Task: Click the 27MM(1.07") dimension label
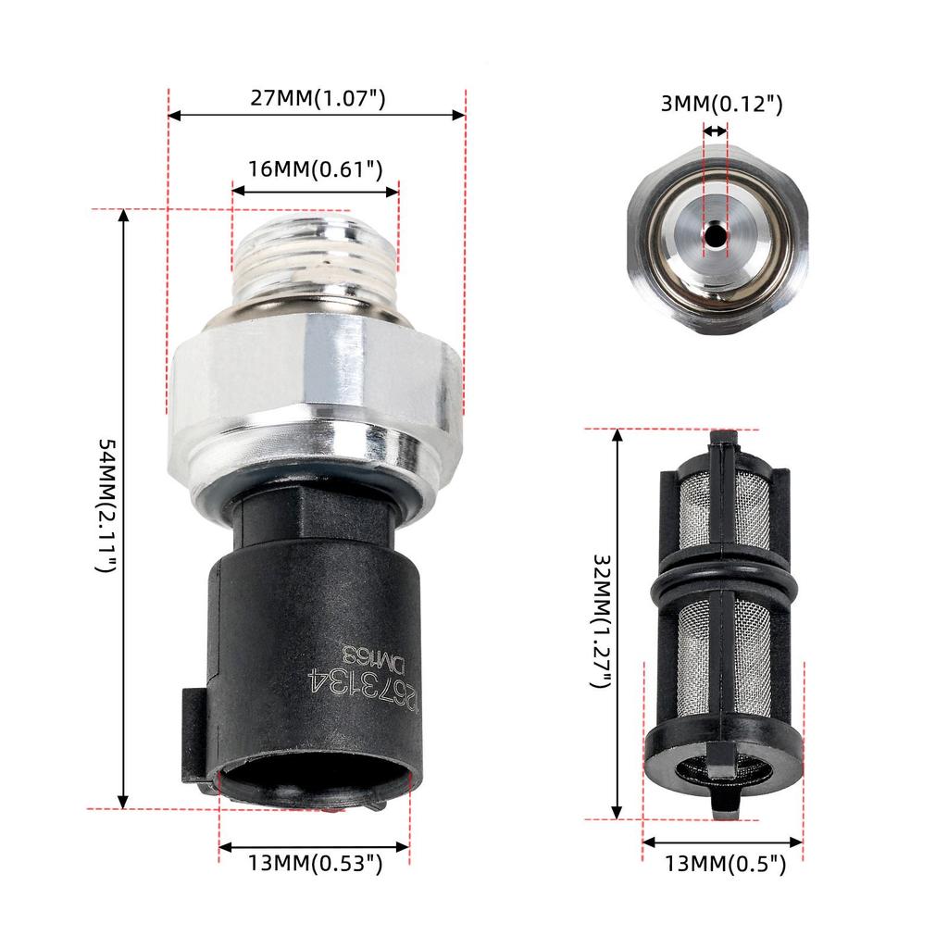(x=318, y=98)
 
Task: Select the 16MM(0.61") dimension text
(x=315, y=168)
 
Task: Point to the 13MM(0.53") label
(x=315, y=864)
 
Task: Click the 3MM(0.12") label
(x=721, y=104)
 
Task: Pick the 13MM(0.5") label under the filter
(x=725, y=865)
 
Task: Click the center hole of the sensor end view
(x=716, y=237)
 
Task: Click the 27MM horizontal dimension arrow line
(x=316, y=115)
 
